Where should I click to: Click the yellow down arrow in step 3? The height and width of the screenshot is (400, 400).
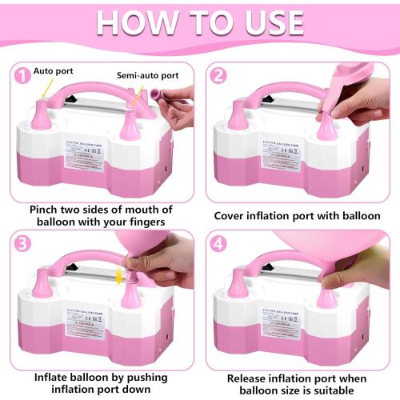[x=120, y=275]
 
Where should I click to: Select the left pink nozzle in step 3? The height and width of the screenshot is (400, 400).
[x=39, y=282]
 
